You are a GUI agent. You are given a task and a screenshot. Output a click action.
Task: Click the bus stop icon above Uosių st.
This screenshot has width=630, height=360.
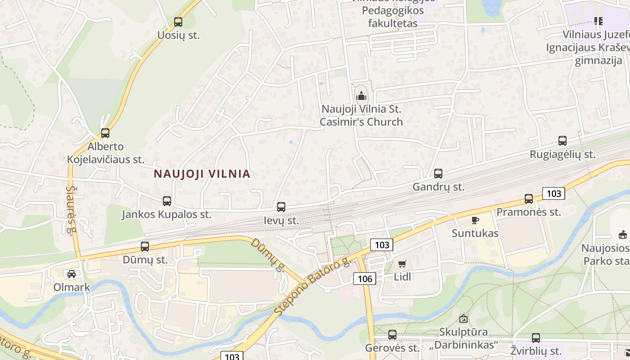[x=178, y=22]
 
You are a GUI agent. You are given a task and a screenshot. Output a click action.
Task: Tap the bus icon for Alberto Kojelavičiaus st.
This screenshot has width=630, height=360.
[x=105, y=133]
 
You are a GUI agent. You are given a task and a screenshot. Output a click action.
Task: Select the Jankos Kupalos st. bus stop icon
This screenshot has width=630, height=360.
[x=167, y=201]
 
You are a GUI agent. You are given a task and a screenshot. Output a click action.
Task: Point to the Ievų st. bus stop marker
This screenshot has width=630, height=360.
[x=281, y=207]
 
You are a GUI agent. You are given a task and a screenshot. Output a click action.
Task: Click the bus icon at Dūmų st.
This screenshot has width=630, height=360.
[x=145, y=247]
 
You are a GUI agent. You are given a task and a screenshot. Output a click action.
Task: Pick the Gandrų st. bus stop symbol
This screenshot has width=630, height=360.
[x=438, y=174]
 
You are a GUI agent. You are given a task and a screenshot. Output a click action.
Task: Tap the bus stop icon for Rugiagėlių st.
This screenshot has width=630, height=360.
[x=562, y=141]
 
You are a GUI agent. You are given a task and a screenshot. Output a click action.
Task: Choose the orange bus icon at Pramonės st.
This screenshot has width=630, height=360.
[x=529, y=199]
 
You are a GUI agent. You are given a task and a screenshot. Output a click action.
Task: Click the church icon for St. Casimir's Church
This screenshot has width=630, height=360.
[x=361, y=96]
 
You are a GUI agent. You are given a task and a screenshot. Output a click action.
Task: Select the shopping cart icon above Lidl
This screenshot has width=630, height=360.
[x=402, y=264]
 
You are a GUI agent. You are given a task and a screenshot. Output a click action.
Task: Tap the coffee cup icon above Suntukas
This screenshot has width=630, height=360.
[x=475, y=220]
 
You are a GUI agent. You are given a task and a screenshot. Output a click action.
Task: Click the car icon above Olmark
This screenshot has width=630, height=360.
[x=72, y=274]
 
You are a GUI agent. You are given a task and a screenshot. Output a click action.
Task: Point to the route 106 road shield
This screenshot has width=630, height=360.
[x=365, y=279]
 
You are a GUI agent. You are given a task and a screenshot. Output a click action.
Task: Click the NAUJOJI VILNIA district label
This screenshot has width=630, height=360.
[x=202, y=174]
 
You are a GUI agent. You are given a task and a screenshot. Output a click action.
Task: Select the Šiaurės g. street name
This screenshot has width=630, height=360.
[x=72, y=209]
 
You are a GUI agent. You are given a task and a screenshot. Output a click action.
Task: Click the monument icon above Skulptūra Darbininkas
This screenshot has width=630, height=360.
[x=463, y=319]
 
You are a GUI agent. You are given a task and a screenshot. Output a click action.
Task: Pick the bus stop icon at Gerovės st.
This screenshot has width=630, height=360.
[x=392, y=335]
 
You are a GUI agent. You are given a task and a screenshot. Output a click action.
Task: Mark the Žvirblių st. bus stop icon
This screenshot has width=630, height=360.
[x=536, y=338]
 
